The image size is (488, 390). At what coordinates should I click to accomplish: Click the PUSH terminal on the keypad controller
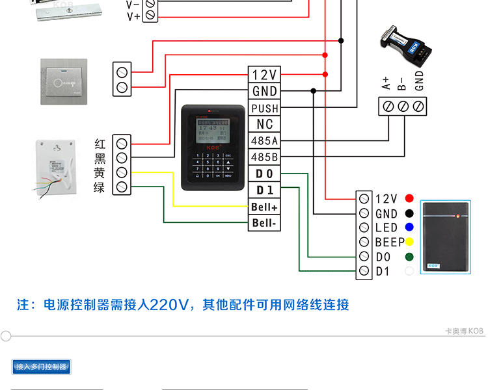point(265,108)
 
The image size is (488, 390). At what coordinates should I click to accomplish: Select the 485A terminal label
point(265,140)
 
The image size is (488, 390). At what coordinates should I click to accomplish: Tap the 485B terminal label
point(265,157)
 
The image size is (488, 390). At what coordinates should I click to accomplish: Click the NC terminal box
point(265,124)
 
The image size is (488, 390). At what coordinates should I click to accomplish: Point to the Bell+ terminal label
point(265,207)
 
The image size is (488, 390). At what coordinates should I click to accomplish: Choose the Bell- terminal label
point(265,224)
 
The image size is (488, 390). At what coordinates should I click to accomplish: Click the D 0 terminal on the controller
point(265,174)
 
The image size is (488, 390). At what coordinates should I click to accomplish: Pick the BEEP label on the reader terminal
point(390,242)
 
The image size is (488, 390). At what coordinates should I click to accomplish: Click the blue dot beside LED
point(409,227)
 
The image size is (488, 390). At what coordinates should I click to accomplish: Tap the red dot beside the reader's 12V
point(409,198)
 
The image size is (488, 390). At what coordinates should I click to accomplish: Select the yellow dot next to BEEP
point(409,242)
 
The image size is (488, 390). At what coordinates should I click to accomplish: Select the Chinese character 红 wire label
point(100,143)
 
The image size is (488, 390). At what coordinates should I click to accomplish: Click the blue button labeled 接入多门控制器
point(41,367)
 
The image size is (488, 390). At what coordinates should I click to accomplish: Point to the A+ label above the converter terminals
point(386,83)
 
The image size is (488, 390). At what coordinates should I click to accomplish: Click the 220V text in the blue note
point(169,305)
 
